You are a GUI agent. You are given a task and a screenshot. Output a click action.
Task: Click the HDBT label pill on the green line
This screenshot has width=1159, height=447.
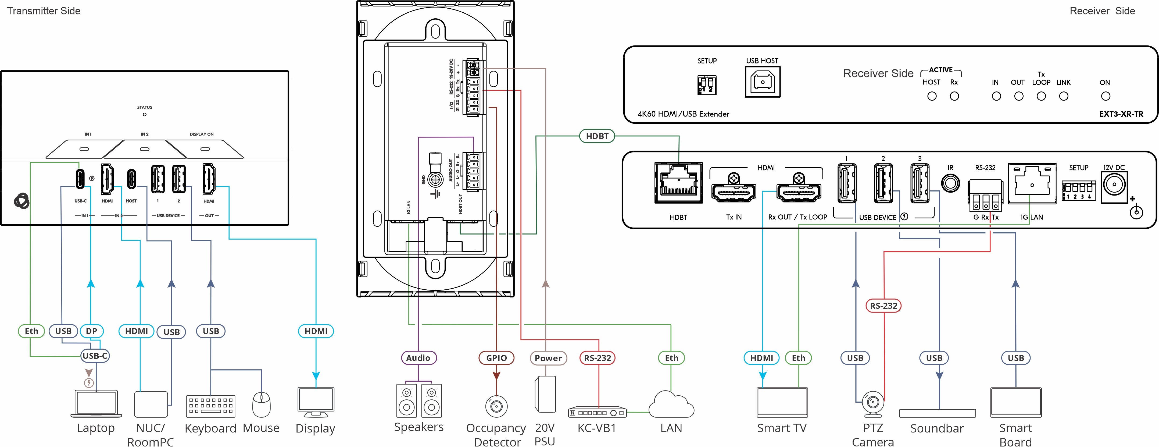(x=597, y=136)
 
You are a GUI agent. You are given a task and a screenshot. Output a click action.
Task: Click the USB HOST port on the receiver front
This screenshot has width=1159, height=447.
(x=762, y=82)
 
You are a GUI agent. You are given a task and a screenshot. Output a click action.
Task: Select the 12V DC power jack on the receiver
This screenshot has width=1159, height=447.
(x=1114, y=185)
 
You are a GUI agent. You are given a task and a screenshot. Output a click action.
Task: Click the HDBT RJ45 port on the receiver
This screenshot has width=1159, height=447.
(x=678, y=183)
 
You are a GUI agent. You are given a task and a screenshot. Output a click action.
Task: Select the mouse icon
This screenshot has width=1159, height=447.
(x=262, y=404)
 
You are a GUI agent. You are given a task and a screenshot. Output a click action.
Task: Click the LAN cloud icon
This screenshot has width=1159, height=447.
(x=671, y=405)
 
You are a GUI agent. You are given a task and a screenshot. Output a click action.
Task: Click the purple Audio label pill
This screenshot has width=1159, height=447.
(x=418, y=358)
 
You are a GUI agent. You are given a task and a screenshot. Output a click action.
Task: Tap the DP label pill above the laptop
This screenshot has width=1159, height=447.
(x=92, y=331)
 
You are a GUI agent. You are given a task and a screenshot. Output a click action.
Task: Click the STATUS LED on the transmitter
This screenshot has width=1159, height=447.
(x=144, y=114)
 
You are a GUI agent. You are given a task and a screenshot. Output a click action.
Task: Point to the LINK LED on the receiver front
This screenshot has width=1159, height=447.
(x=1064, y=96)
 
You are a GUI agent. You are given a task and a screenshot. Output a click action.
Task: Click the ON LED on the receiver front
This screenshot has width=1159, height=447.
(x=1106, y=96)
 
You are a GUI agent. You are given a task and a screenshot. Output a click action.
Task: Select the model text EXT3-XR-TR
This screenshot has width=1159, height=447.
(x=1121, y=114)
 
